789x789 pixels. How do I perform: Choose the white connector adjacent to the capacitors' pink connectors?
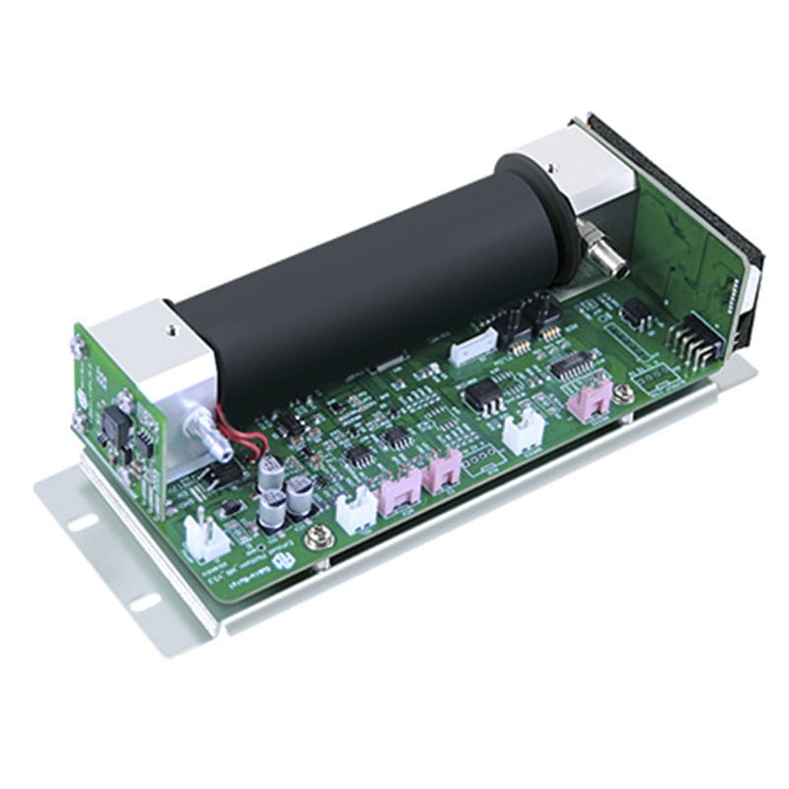(351, 511)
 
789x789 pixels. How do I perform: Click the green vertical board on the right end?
(681, 247)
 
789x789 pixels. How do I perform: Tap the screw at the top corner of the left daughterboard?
(77, 344)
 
